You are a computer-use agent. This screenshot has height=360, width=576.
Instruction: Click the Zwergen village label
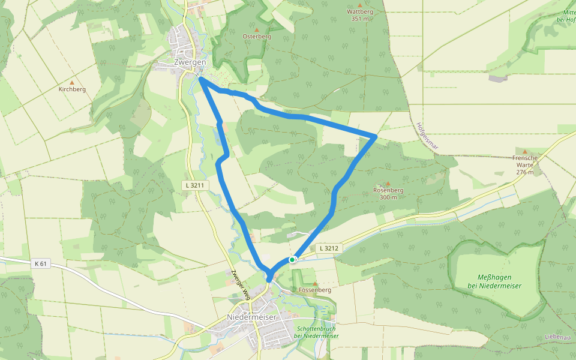coord(190,62)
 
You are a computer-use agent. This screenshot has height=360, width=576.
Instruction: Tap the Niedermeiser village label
coord(251,317)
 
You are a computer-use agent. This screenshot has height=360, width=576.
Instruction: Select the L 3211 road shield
coord(195,186)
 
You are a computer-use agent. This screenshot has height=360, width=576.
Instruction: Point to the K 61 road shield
coord(41,263)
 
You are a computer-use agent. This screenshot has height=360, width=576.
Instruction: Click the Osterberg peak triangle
coord(257,29)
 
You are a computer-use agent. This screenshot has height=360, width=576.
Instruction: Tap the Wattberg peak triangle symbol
coord(360,5)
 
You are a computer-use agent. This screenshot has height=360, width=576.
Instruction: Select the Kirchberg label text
coord(72,89)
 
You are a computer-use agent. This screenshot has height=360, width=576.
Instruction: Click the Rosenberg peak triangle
coord(388,184)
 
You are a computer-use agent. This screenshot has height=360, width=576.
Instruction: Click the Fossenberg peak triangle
coord(314,283)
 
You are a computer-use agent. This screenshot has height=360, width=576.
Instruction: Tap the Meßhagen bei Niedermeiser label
coord(494,281)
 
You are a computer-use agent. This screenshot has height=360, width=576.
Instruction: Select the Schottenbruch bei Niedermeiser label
coord(316,332)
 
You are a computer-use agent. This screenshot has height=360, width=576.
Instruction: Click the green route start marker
coord(292,260)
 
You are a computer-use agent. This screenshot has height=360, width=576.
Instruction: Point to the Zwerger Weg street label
coord(240,284)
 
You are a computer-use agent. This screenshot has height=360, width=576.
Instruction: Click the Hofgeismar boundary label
coord(427,137)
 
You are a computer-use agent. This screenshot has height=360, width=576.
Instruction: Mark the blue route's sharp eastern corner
coord(375,137)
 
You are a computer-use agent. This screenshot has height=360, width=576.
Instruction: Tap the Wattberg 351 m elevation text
coord(360,19)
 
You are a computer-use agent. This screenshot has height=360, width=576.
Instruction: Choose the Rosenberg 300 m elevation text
coord(388,197)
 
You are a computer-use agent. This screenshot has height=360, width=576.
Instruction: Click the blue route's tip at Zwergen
coord(200,78)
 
